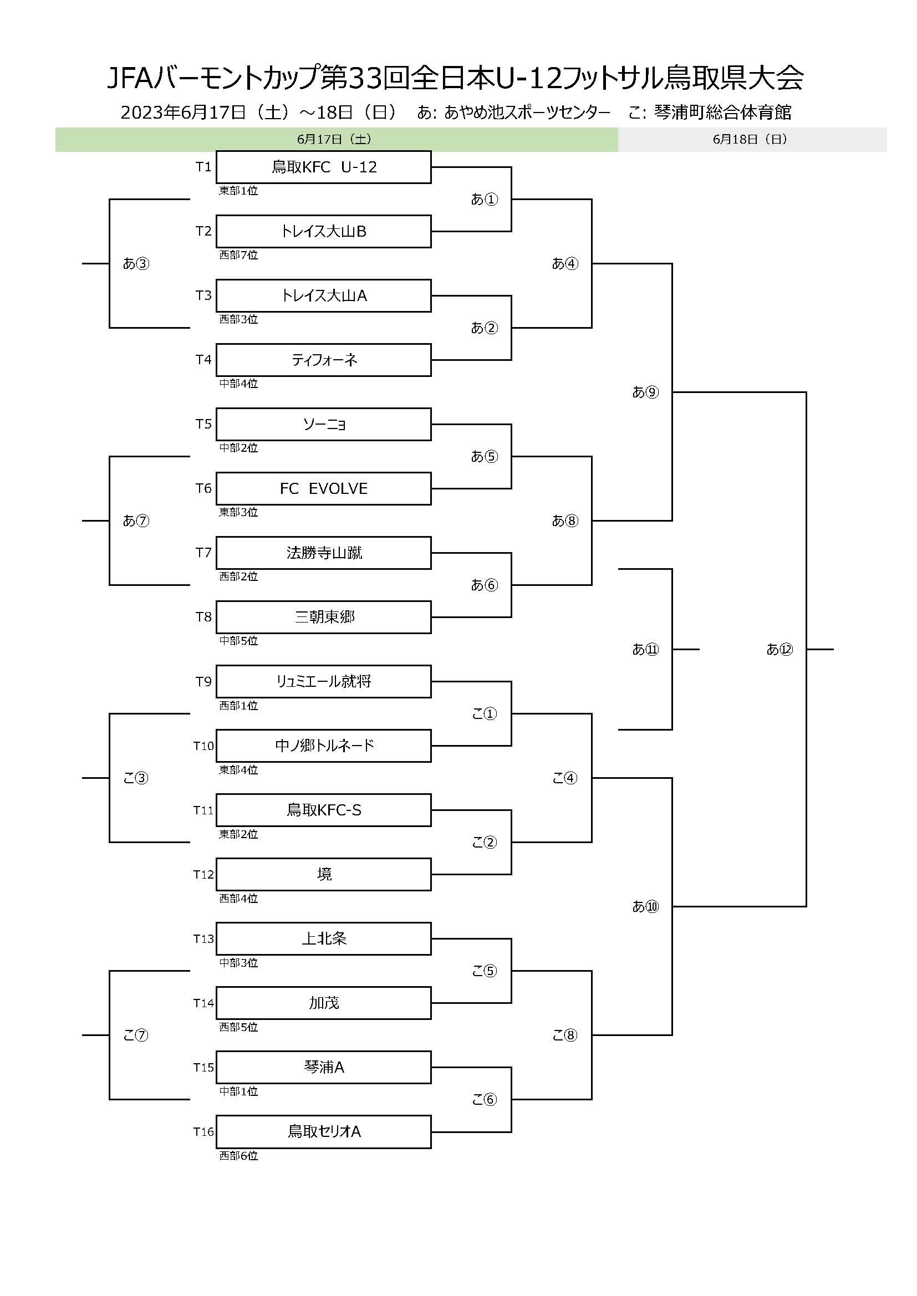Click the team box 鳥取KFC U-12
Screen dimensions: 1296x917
pos(324,167)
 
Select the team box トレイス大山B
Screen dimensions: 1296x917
pos(324,232)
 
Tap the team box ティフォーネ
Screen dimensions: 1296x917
pos(324,360)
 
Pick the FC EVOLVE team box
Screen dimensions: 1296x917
pos(324,489)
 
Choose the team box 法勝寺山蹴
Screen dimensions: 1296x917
pos(324,553)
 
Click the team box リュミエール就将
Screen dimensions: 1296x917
pos(324,682)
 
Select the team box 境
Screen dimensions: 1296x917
pos(324,875)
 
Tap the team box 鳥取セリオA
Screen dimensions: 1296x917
pos(324,1132)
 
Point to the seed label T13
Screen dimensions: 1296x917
pos(203,938)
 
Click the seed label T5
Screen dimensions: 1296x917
pos(203,424)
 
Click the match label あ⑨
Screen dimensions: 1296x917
pos(645,392)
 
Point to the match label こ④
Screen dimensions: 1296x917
pos(564,778)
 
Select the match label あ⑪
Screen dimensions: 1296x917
pos(645,650)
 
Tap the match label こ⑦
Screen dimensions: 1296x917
pos(135,1035)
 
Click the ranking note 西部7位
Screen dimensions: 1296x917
pos(238,255)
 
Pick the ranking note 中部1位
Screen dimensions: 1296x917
pos(238,1091)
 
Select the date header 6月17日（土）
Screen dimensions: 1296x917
pos(334,140)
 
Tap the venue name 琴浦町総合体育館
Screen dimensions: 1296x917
pos(722,113)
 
